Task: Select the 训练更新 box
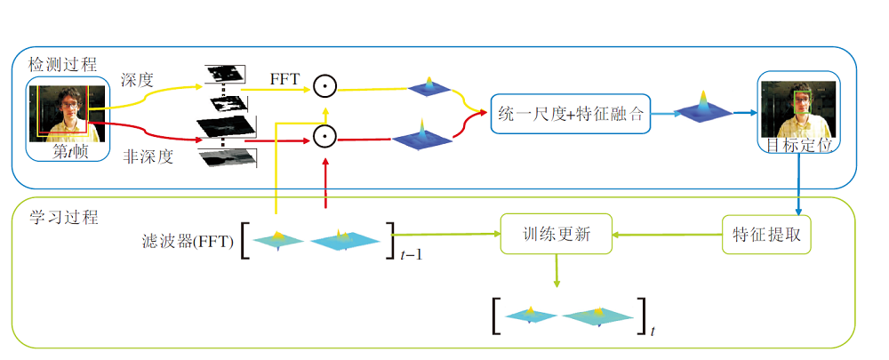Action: click(557, 235)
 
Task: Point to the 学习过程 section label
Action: click(63, 217)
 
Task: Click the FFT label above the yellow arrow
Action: click(286, 79)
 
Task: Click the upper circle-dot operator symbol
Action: click(324, 88)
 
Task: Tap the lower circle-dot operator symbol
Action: click(324, 137)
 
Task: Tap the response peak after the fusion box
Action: click(702, 108)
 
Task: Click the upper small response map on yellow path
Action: click(429, 87)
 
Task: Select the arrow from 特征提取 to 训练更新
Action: click(668, 235)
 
